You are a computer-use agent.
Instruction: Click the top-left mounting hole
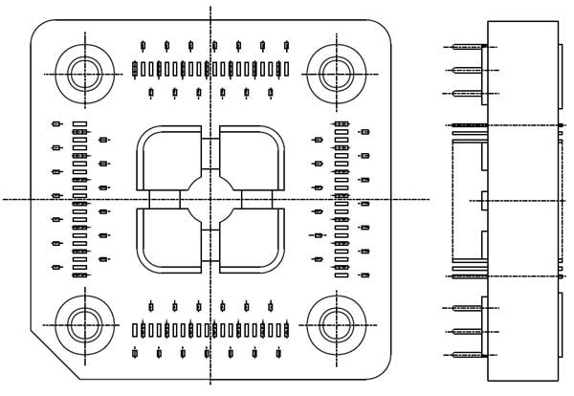tap(83, 72)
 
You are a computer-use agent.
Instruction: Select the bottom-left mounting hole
tap(83, 325)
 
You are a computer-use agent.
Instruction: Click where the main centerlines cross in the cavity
tap(210, 199)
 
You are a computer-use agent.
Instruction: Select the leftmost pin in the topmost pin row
tap(143, 45)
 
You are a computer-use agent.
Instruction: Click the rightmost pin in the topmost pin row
tap(286, 45)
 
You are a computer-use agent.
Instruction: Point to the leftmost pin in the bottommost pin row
tap(135, 353)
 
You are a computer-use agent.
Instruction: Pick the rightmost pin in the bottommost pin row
tap(278, 353)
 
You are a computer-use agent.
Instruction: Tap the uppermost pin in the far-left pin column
tap(56, 123)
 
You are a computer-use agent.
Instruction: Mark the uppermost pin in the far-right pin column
tap(364, 131)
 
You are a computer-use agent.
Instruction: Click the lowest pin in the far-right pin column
tap(364, 275)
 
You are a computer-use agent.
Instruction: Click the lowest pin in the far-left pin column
tap(56, 267)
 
